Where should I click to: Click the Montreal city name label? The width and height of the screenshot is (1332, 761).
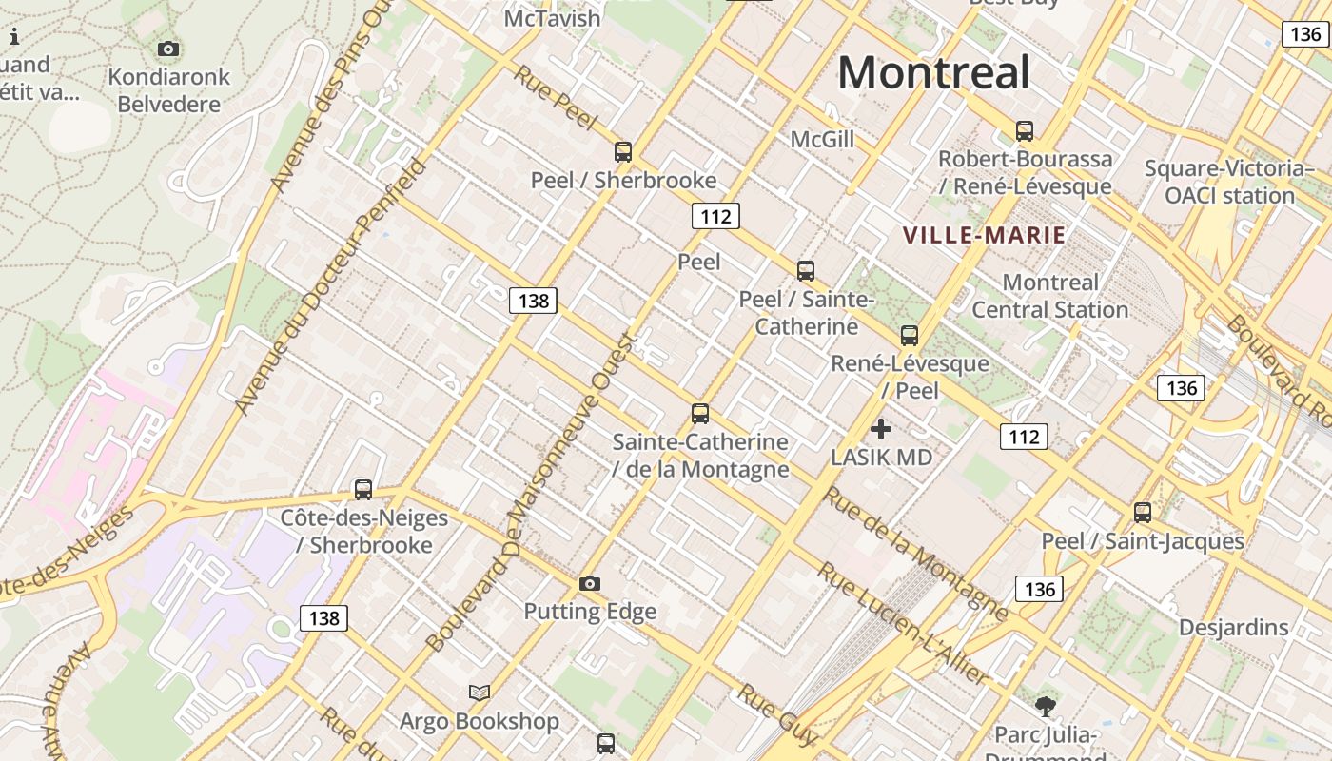(x=933, y=72)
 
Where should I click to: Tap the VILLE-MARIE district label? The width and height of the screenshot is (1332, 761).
(x=984, y=235)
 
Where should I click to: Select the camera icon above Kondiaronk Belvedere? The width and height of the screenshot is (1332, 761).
(x=168, y=49)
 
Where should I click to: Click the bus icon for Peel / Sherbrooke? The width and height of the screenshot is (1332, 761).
(x=623, y=151)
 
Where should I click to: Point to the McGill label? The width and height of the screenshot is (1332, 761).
(x=822, y=140)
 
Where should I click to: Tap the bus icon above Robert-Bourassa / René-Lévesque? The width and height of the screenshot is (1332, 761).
(x=1025, y=130)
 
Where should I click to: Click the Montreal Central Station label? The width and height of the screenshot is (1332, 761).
(x=1049, y=296)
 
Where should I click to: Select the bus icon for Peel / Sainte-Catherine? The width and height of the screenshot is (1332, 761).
(x=806, y=270)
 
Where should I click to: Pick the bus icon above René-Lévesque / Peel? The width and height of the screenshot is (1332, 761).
(x=910, y=335)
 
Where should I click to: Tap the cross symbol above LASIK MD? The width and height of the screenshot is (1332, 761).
(x=881, y=429)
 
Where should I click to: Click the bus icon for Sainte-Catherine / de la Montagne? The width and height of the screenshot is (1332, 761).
(x=700, y=413)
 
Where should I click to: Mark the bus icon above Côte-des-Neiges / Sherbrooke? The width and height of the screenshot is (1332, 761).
(x=363, y=489)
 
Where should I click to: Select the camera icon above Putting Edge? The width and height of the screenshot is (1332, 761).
(x=590, y=583)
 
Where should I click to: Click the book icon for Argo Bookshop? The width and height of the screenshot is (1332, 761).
(x=480, y=693)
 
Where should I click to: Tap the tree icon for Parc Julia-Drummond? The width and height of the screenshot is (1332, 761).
(x=1046, y=706)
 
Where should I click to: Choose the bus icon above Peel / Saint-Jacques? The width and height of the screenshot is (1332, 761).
(x=1143, y=512)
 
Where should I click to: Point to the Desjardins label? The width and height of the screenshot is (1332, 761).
(x=1233, y=628)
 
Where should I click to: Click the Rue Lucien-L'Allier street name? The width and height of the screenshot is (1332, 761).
(x=904, y=624)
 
